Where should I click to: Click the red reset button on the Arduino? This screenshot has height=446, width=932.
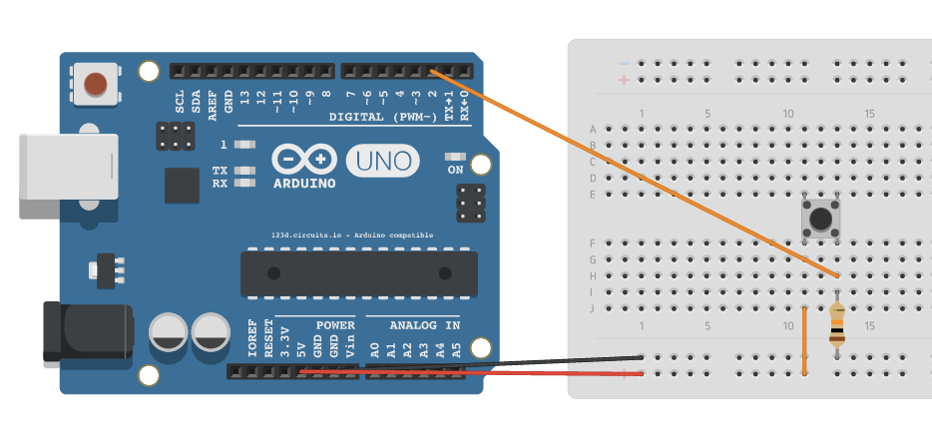point(96,84)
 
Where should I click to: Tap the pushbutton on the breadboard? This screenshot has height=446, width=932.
point(820,218)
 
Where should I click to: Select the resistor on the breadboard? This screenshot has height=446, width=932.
point(836,324)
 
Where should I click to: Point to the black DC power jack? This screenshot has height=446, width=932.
point(84,331)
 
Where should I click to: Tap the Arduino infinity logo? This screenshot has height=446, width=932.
point(300,159)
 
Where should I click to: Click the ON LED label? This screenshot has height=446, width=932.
point(456,170)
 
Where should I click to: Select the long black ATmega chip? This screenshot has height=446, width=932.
point(354,273)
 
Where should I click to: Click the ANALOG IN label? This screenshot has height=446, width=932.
point(425,325)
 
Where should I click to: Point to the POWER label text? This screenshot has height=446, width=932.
point(335,325)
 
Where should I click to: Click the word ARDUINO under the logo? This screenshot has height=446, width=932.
point(303,184)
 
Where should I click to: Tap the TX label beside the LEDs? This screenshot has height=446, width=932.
point(220,171)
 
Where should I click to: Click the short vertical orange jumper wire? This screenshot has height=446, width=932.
point(804,341)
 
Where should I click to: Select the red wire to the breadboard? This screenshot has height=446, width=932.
point(469,373)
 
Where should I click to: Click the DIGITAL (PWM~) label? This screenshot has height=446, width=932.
point(383,117)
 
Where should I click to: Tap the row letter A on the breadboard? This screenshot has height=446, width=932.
point(593,129)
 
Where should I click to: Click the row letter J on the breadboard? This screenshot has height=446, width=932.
point(593,308)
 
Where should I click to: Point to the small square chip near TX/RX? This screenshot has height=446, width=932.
point(183,186)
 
